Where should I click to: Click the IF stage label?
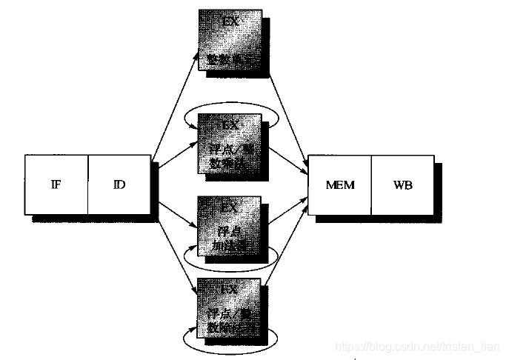point(57,184)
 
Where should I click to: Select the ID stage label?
point(119,184)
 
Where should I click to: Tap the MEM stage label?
point(340,184)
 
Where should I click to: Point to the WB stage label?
point(402,184)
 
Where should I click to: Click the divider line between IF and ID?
point(88,184)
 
